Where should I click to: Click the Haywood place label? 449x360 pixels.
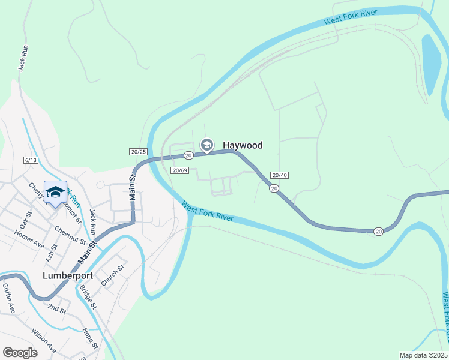click(243, 145)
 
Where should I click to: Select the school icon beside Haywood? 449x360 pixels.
click(207, 145)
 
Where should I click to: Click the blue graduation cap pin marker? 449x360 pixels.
click(55, 192)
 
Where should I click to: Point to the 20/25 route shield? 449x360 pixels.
click(137, 152)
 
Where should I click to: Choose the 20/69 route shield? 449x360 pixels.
click(180, 170)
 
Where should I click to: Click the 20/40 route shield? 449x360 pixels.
click(279, 175)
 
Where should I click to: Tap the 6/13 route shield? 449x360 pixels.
click(31, 160)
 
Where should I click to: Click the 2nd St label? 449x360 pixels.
click(57, 309)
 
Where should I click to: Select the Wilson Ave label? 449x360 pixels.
click(44, 341)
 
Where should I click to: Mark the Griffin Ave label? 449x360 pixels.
click(8, 298)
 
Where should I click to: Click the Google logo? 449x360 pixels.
click(20, 353)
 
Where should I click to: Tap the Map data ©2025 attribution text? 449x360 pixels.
click(423, 355)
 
